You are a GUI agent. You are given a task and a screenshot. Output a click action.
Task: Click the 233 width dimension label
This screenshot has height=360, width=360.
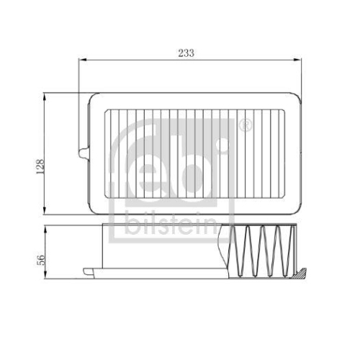pyautogui.click(x=186, y=53)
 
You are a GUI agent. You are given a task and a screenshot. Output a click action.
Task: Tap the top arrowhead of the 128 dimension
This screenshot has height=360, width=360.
pyautogui.click(x=48, y=95)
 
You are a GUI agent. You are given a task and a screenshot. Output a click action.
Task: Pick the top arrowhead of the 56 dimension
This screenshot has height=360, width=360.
pyautogui.click(x=48, y=228)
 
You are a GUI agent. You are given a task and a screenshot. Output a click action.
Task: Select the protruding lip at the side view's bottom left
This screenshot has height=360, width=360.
pyautogui.click(x=88, y=271)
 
